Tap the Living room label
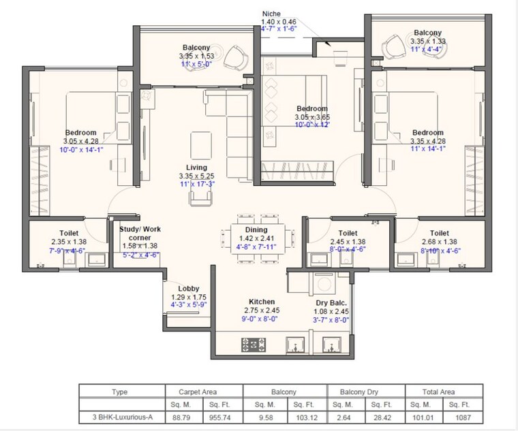coord(197,167)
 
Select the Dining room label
coord(256,230)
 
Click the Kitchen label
coord(262,302)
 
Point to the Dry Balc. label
coord(332,303)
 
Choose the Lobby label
coord(188,288)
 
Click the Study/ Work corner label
coord(140,234)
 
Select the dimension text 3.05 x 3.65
coord(311,117)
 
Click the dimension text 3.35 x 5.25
coord(197,176)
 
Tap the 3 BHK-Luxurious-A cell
coord(122,417)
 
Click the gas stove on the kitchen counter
coord(253,345)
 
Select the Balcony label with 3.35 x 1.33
coord(427,32)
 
